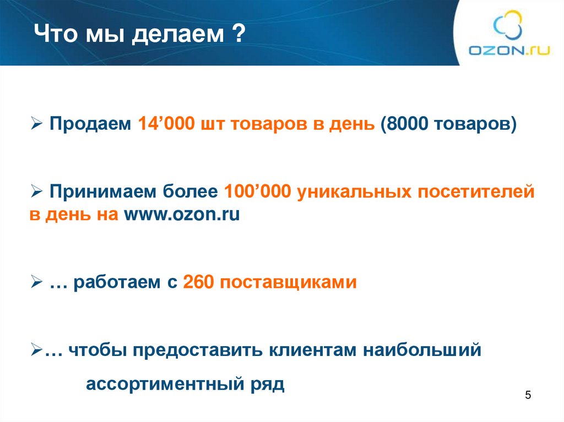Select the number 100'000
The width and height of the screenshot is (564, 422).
pos(258,192)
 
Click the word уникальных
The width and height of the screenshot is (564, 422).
pos(350,192)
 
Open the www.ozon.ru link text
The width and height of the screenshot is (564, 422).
pos(181,215)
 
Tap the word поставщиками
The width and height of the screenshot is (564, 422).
pos(289,283)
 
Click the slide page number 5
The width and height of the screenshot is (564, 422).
pos(528,396)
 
